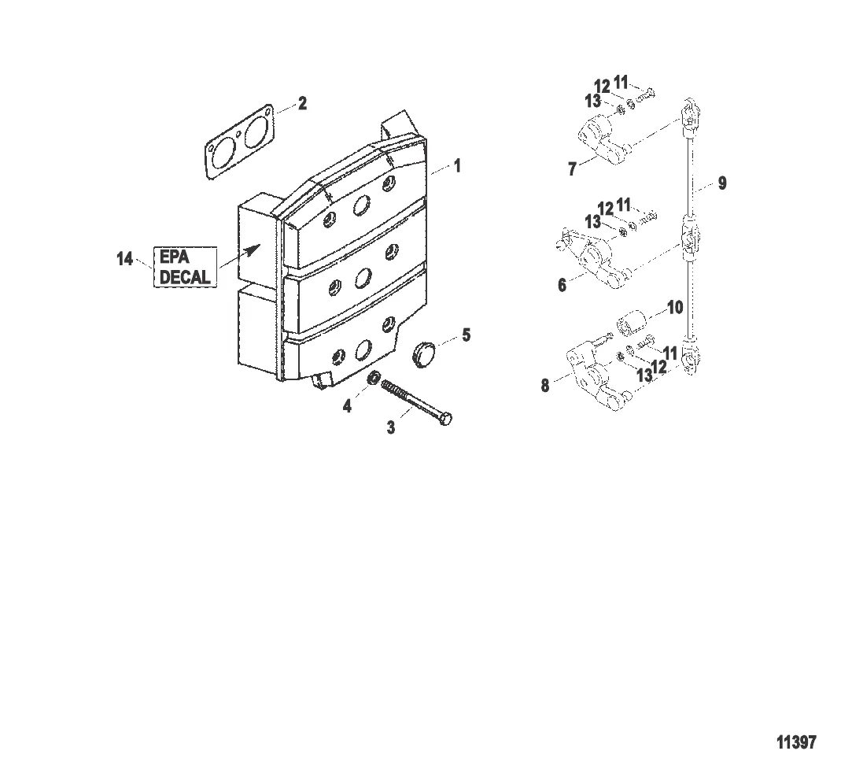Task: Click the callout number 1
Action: pos(457,167)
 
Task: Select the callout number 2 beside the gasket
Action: pos(302,104)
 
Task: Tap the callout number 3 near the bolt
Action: pos(390,427)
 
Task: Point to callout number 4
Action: pos(347,407)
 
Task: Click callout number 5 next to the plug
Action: pos(466,336)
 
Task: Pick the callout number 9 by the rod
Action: pos(721,184)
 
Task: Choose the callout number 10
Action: pos(676,307)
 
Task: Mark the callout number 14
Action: pos(125,258)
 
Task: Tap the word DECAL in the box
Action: pos(185,277)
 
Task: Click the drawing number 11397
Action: pos(796,742)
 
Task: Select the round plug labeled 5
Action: pos(426,352)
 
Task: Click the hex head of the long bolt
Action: pos(444,418)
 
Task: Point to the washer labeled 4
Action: pos(376,378)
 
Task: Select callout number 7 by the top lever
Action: pos(572,168)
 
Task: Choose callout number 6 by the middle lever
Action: pos(562,286)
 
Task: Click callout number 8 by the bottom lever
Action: pos(545,386)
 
